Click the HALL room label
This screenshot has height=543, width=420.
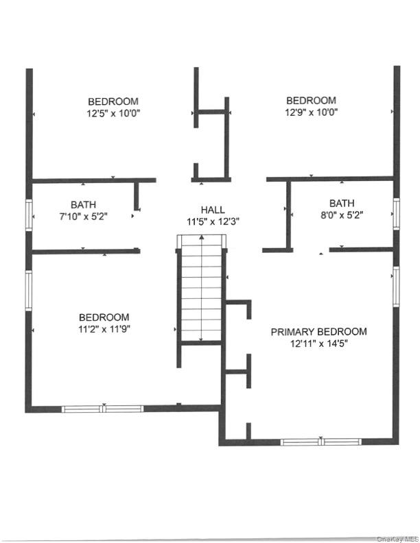(212, 209)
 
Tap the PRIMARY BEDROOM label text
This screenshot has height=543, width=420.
(318, 332)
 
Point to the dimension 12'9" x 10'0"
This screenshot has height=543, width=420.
(311, 112)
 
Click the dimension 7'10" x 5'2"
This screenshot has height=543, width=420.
(83, 216)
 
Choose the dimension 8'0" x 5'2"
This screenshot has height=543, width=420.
(342, 215)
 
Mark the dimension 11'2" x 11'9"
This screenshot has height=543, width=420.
(104, 329)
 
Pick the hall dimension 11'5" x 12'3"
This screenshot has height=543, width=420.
(212, 221)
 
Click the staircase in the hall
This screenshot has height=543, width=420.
(201, 288)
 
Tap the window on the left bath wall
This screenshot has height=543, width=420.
(29, 214)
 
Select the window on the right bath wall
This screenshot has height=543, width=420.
(397, 213)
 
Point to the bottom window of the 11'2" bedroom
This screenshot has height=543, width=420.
(103, 409)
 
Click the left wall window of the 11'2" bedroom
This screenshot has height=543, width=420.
(29, 290)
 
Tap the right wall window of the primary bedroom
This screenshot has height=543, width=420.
(397, 286)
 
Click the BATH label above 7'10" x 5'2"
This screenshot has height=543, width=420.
(83, 204)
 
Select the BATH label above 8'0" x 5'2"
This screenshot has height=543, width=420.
(342, 203)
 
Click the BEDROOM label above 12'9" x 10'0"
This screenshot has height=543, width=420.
(311, 100)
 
